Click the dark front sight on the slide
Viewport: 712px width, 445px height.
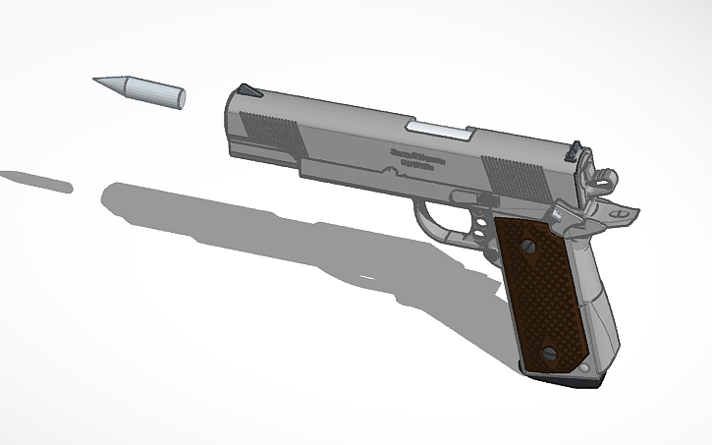[x=246, y=90]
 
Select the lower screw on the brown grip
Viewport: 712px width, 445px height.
[x=551, y=352]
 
